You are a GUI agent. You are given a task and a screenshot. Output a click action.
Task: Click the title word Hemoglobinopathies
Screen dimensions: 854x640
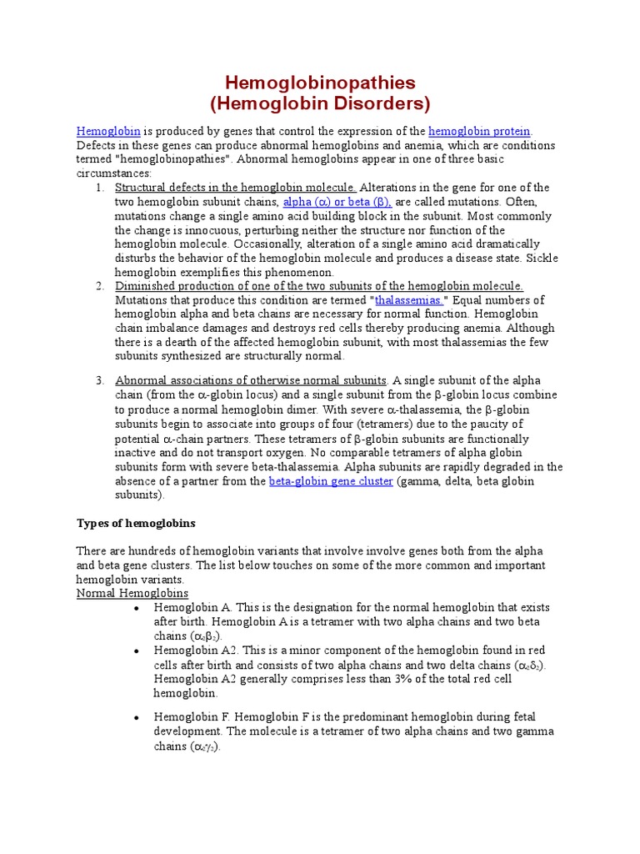pos(321,83)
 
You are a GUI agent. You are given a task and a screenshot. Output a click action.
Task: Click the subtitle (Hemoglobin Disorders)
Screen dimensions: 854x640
pos(321,104)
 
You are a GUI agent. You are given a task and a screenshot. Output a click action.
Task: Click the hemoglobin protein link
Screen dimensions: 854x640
pos(479,131)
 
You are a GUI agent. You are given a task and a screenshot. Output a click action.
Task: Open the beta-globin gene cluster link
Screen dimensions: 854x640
pos(331,481)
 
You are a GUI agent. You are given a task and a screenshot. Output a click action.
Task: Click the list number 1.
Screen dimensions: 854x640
pos(99,188)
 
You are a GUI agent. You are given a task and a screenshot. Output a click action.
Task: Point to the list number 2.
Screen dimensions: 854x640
pos(99,286)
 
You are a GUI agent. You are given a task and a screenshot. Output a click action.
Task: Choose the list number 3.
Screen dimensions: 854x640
pos(99,380)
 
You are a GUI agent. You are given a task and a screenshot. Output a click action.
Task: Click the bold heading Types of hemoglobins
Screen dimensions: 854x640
pos(136,523)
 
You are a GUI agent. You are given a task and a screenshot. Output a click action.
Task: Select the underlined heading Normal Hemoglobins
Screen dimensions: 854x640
pos(132,593)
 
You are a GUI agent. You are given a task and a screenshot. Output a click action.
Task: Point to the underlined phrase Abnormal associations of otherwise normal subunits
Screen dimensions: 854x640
pos(251,380)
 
